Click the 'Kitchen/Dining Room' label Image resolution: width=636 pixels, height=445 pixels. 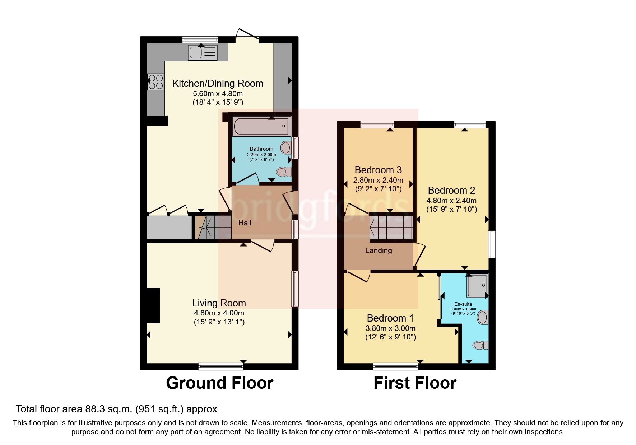tap(218, 84)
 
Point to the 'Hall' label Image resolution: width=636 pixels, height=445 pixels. tap(245, 223)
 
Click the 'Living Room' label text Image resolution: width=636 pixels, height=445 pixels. tap(219, 303)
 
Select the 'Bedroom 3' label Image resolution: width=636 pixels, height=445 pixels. tap(378, 170)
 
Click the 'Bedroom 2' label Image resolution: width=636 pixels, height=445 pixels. tap(451, 191)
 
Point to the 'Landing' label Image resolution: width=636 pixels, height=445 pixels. tap(379, 250)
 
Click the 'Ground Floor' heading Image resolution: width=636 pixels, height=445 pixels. tap(219, 383)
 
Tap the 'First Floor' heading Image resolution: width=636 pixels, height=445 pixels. tap(415, 383)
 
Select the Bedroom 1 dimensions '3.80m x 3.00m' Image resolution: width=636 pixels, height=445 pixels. tap(390, 328)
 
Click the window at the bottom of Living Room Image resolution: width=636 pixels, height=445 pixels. tap(221, 366)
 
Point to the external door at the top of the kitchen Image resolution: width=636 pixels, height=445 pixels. tap(247, 35)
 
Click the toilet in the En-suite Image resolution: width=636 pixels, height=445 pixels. tap(481, 345)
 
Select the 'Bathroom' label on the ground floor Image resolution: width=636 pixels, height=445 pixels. tap(261, 149)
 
